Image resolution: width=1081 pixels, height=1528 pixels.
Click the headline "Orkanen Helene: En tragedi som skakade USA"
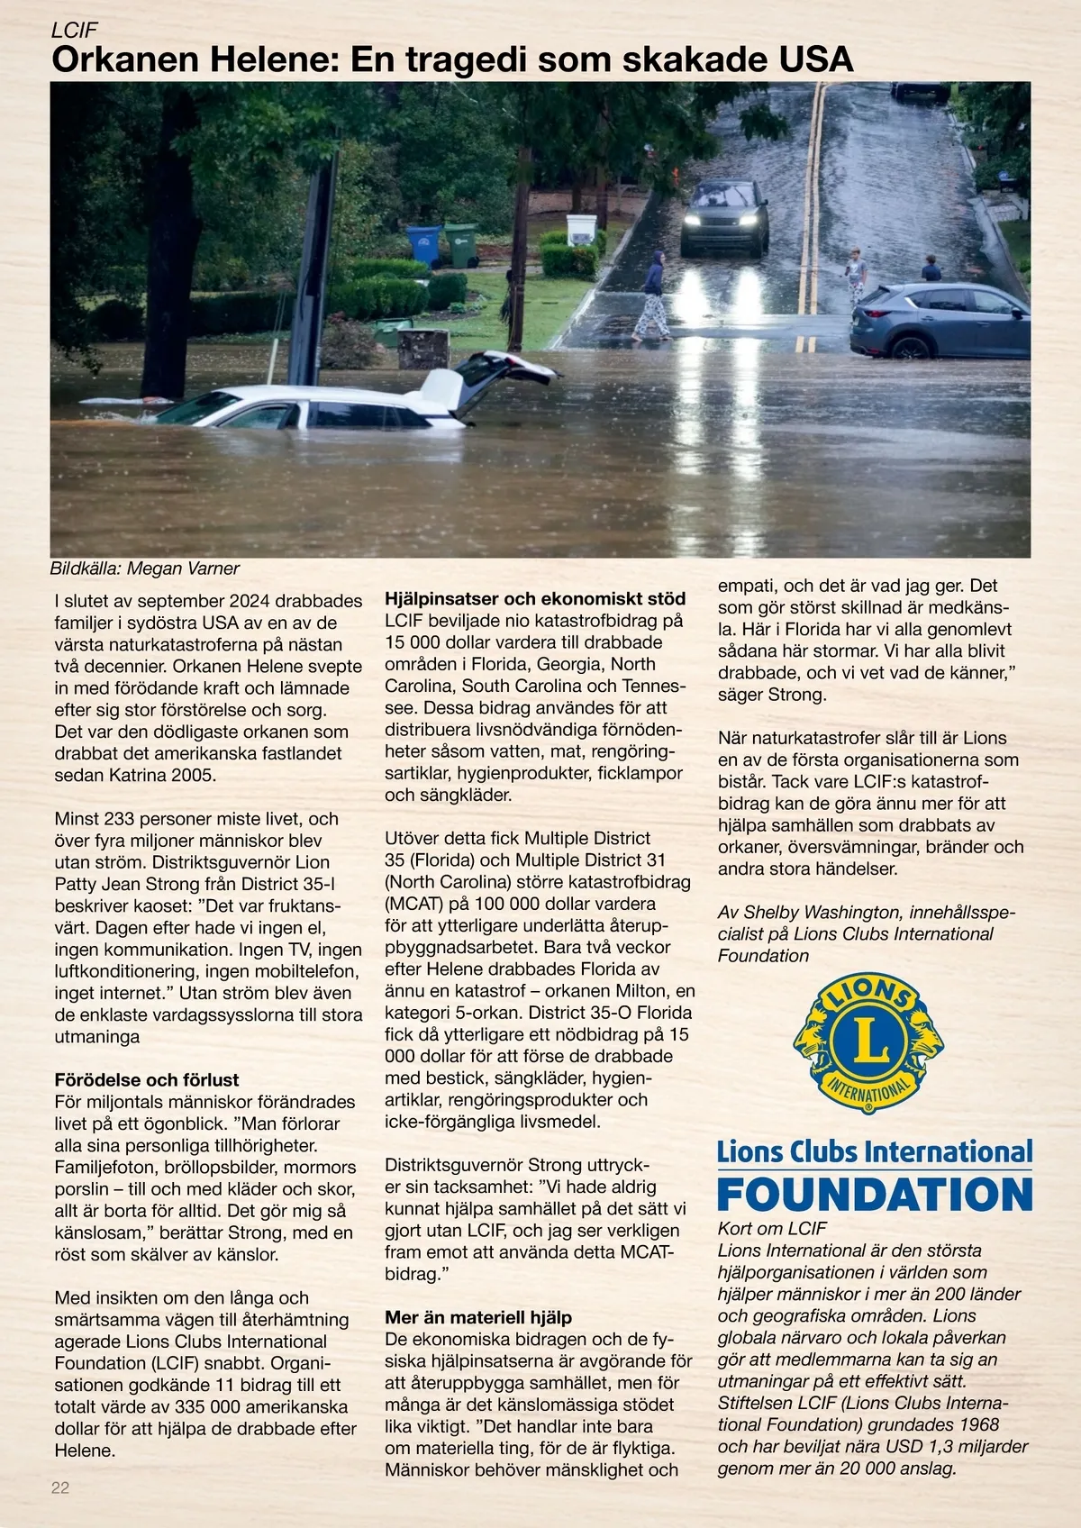[451, 60]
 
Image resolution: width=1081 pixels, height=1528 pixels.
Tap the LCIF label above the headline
[74, 30]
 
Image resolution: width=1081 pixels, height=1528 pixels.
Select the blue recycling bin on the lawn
[423, 245]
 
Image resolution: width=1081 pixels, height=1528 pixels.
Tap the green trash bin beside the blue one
[460, 244]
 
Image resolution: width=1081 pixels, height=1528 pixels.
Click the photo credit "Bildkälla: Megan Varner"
[145, 568]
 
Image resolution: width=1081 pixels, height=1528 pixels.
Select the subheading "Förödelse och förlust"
[147, 1079]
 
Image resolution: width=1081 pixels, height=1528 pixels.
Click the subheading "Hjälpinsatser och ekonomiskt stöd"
[535, 598]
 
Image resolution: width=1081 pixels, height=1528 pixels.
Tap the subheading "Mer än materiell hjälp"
[478, 1317]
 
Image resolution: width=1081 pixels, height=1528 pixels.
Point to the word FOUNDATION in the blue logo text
[875, 1195]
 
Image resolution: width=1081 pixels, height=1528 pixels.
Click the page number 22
[59, 1487]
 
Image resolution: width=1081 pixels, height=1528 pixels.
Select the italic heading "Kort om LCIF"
[772, 1228]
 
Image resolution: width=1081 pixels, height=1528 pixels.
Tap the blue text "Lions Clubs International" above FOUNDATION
[875, 1151]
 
